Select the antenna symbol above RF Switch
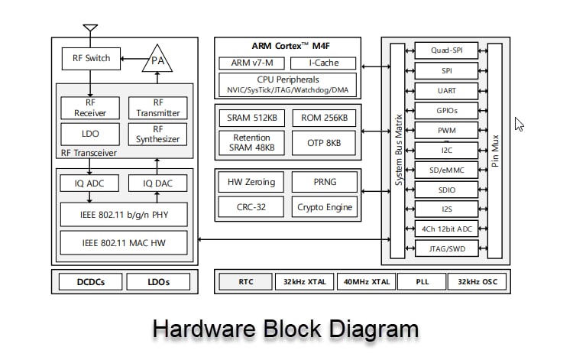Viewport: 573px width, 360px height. pyautogui.click(x=90, y=31)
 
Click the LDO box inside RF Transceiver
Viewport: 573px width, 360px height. pyautogui.click(x=89, y=134)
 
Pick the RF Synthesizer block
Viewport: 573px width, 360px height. pyautogui.click(x=157, y=134)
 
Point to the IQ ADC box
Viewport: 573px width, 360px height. pyautogui.click(x=89, y=183)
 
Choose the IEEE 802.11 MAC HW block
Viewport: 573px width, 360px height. pyautogui.click(x=124, y=244)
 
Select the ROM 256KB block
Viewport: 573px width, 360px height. pyautogui.click(x=325, y=118)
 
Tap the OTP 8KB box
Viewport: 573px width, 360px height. pyautogui.click(x=325, y=142)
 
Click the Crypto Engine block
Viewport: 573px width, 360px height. pyautogui.click(x=325, y=206)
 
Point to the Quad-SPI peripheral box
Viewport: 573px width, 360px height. pyautogui.click(x=447, y=51)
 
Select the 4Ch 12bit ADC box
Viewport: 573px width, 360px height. pyautogui.click(x=447, y=229)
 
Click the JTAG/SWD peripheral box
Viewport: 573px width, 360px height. pyautogui.click(x=447, y=248)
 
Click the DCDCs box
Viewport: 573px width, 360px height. pyautogui.click(x=90, y=282)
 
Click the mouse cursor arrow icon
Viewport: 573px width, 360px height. pyautogui.click(x=519, y=124)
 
